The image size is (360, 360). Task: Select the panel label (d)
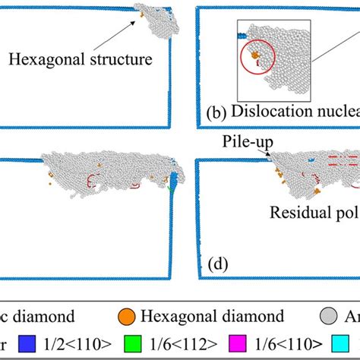217,265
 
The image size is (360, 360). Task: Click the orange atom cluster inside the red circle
255,55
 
